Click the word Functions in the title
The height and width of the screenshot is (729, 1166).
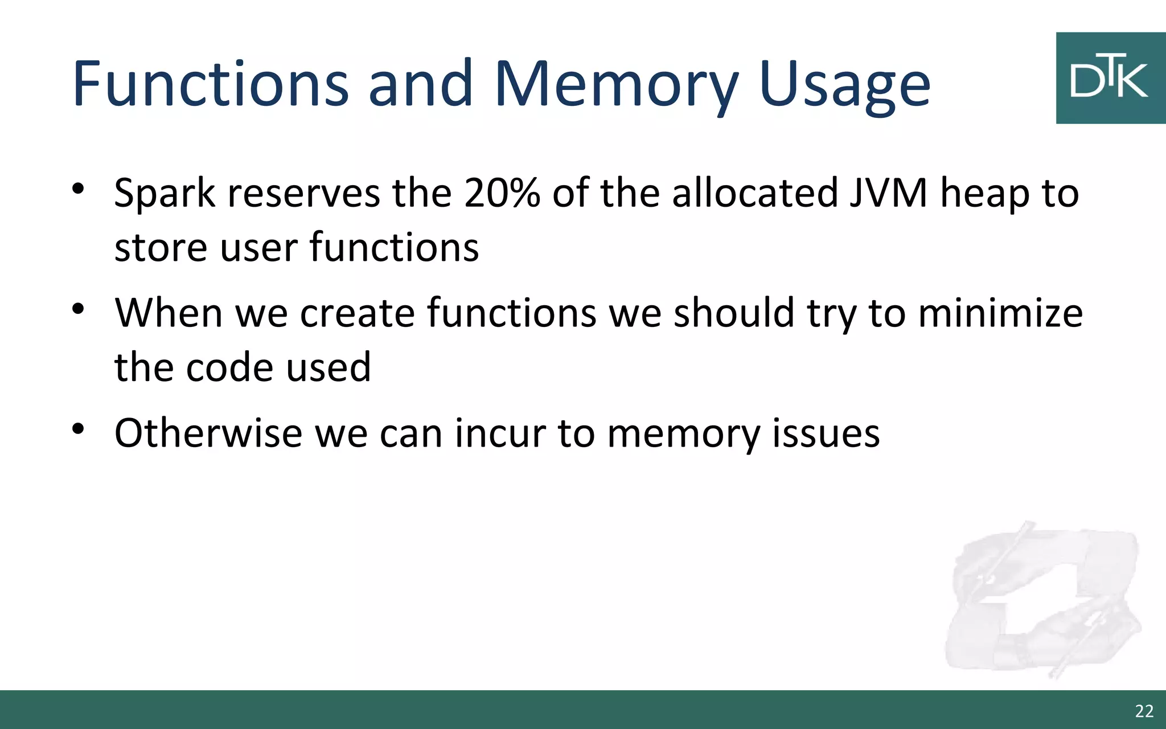[x=210, y=84]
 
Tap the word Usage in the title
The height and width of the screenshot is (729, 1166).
[x=844, y=87]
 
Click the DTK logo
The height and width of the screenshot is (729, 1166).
[x=1110, y=78]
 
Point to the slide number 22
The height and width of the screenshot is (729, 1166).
[x=1144, y=711]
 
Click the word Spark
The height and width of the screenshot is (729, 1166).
[x=165, y=194]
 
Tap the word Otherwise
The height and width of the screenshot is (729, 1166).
[x=208, y=433]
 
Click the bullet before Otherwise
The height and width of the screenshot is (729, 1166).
[x=79, y=428]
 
